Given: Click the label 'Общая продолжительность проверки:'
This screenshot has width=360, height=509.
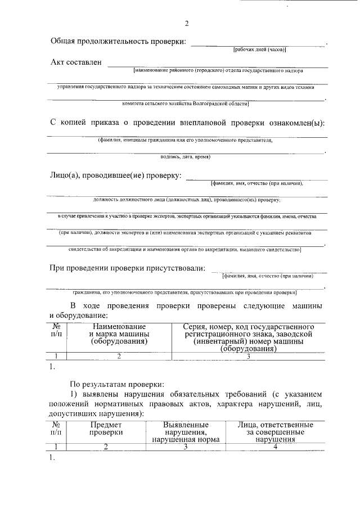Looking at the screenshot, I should [x=118, y=42].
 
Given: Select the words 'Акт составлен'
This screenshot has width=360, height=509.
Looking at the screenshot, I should [x=76, y=62].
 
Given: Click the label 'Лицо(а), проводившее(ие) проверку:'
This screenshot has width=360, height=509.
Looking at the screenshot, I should [x=116, y=175].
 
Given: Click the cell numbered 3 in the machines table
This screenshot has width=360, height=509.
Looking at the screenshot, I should [x=248, y=355].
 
